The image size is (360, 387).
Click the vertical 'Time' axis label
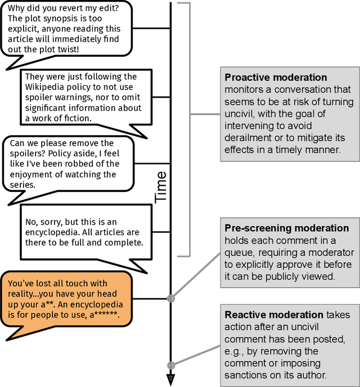tap(161, 187)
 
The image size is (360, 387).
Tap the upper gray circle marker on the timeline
tap(171, 299)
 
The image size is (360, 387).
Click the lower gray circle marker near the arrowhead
tap(171, 365)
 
